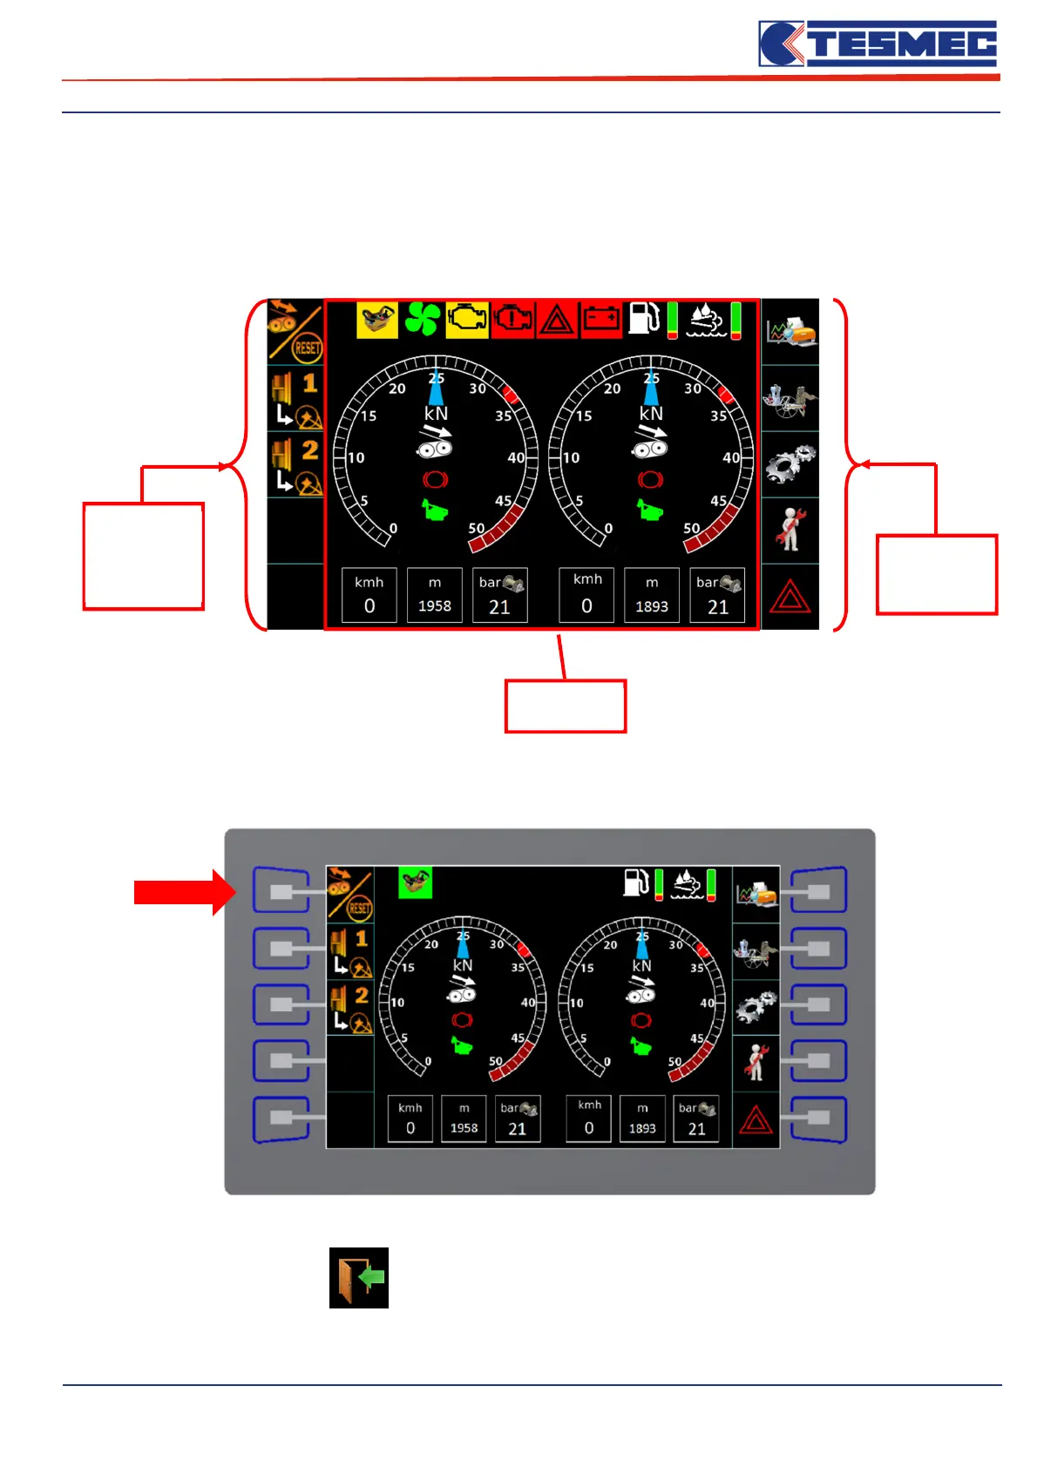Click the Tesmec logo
coord(878,44)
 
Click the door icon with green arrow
coord(359,1278)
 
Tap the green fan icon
coord(423,320)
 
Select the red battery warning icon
coord(601,320)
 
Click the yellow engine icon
coord(468,320)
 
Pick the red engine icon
coord(513,320)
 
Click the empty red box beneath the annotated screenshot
coord(566,706)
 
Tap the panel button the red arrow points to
coord(281,891)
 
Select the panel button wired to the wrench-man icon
coord(818,1060)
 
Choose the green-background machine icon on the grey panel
coord(416,882)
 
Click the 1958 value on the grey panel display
coord(464,1128)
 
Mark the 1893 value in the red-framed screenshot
coord(651,606)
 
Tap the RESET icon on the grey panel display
coord(358,909)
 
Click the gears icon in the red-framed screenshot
coord(790,464)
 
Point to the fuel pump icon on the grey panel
coord(637,882)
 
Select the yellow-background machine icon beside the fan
coord(377,320)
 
